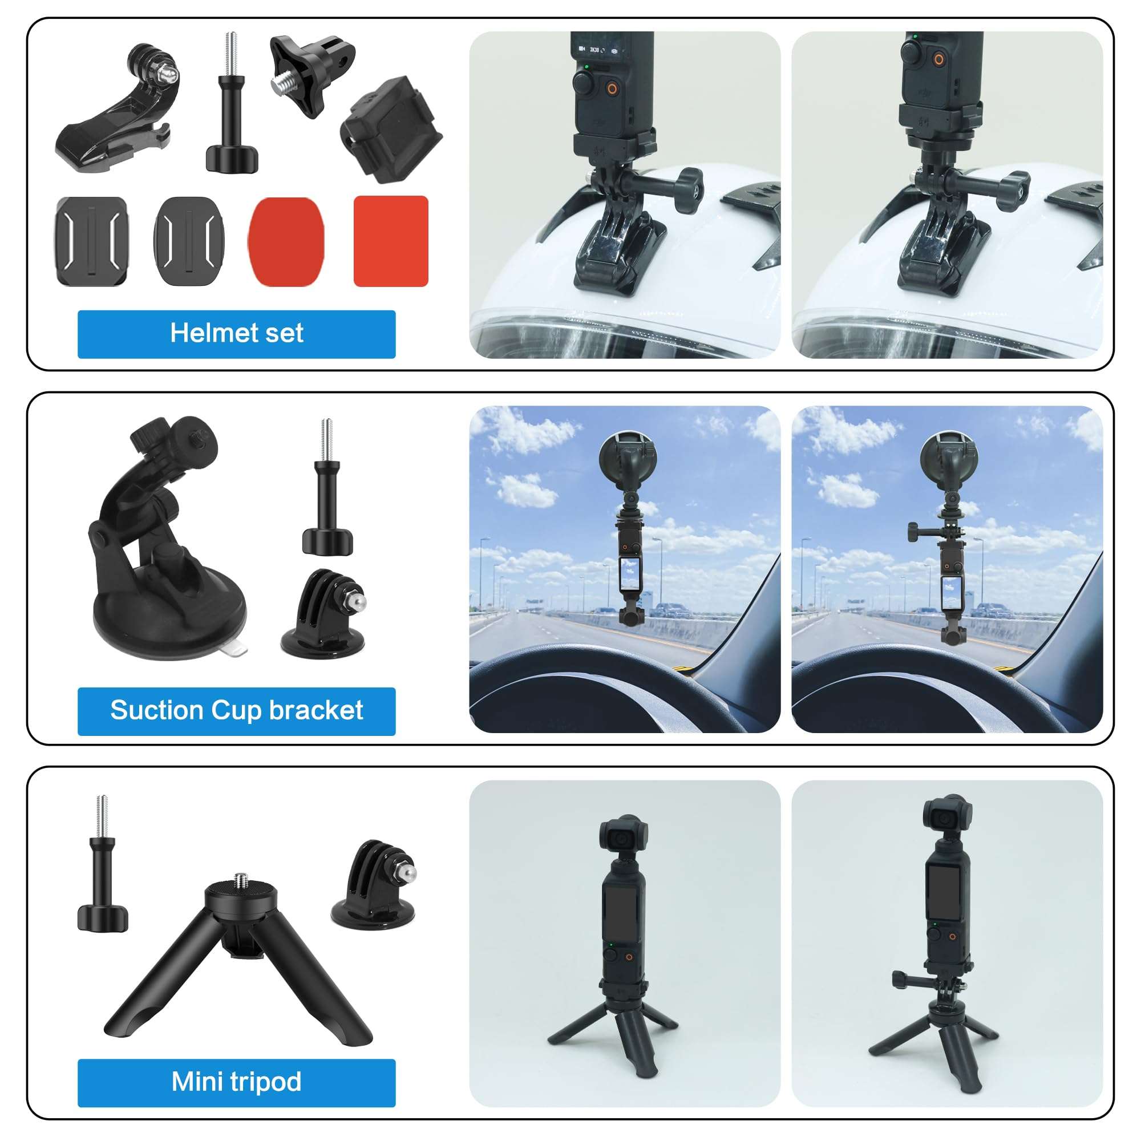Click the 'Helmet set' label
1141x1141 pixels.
tap(236, 334)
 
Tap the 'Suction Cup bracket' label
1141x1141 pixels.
tap(236, 710)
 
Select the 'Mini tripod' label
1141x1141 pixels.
tap(236, 1082)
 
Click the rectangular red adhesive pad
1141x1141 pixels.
tap(390, 241)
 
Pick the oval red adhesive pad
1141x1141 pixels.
tap(286, 241)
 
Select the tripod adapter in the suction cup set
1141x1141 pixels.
tap(323, 614)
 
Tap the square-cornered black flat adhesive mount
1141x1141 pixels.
tap(91, 241)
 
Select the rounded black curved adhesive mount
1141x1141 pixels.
tap(189, 241)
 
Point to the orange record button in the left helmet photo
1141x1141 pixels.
tap(612, 89)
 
